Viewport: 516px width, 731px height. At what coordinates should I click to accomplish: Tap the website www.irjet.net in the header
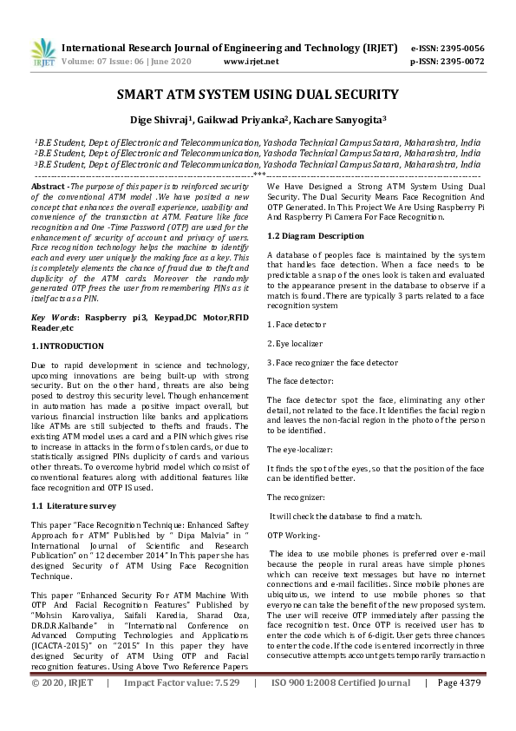(251, 63)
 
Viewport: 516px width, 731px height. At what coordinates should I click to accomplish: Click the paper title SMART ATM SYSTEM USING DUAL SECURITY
(258, 95)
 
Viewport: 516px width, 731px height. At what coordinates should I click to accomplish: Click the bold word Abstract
(49, 187)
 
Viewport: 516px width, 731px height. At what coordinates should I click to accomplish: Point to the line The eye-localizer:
(299, 449)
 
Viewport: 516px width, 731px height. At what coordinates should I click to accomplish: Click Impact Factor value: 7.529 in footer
(182, 708)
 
